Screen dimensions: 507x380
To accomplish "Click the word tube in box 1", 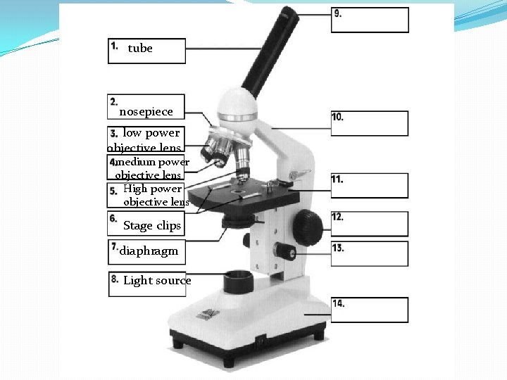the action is click(140, 49).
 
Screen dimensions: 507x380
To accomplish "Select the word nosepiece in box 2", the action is click(146, 112).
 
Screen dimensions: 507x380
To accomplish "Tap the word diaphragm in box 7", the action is click(149, 251).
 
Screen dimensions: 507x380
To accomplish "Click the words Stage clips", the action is click(152, 226).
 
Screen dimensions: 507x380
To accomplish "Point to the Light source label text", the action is click(157, 280).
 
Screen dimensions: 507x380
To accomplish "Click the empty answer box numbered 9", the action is click(370, 20).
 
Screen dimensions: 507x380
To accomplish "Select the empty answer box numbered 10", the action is click(370, 123).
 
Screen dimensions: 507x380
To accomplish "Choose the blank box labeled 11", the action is click(370, 186).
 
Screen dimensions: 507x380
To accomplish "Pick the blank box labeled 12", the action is click(370, 224).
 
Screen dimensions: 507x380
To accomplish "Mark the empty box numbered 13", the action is click(370, 253).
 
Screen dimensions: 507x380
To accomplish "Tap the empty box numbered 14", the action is click(370, 310).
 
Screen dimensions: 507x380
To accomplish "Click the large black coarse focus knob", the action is click(308, 227).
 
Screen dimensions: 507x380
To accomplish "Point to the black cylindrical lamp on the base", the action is click(239, 281).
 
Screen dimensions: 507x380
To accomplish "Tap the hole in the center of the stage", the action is click(238, 191).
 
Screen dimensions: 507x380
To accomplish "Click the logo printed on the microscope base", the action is click(208, 314).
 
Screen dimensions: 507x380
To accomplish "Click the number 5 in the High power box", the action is click(113, 191).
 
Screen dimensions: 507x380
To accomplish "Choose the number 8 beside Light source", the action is click(115, 279).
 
